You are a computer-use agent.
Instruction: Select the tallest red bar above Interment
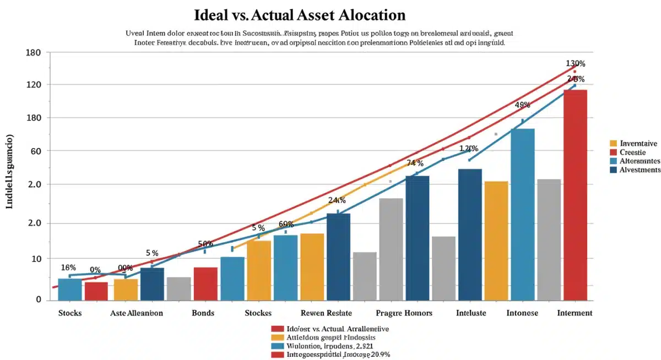click(x=575, y=195)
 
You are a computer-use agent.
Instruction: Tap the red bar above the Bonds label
click(x=205, y=284)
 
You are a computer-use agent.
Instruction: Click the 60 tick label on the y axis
click(x=36, y=151)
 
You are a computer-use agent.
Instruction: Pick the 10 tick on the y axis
click(x=36, y=259)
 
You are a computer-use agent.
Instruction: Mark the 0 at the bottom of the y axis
click(x=39, y=299)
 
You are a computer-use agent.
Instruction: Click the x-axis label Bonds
click(x=203, y=313)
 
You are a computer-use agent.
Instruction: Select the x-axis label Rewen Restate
click(x=327, y=313)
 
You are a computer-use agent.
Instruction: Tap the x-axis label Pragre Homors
click(x=404, y=313)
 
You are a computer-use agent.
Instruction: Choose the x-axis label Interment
click(x=575, y=313)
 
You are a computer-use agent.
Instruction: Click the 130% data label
click(x=575, y=63)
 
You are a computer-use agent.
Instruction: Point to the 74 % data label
click(x=415, y=163)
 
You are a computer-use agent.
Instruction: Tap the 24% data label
click(x=336, y=200)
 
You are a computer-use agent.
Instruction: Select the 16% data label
click(x=68, y=268)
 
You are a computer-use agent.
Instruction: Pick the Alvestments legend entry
click(x=640, y=170)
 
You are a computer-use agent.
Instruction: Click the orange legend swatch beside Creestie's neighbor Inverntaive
click(x=613, y=144)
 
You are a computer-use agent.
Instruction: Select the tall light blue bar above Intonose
click(x=522, y=215)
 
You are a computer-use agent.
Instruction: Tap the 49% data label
click(x=522, y=105)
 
